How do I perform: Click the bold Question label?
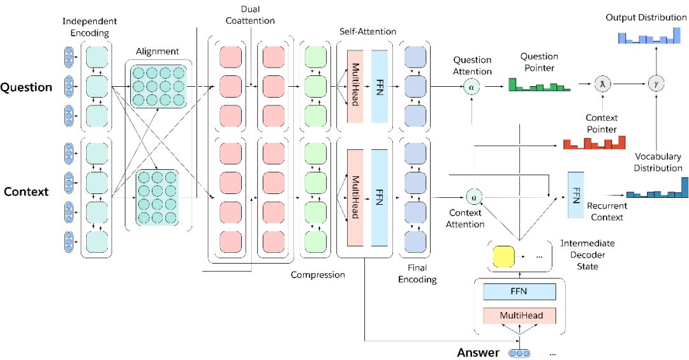[26, 87]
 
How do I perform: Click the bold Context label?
[26, 191]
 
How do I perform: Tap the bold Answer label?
[478, 352]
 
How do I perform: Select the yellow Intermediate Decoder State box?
[503, 257]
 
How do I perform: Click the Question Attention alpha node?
[471, 87]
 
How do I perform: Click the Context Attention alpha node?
[473, 197]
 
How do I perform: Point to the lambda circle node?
[602, 84]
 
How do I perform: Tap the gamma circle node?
[656, 84]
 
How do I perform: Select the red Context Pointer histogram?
[594, 142]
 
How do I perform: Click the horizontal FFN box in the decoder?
[519, 292]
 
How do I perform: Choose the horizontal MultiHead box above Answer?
[519, 315]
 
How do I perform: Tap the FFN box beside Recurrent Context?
[576, 195]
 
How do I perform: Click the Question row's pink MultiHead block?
[355, 86]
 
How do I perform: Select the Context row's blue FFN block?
[379, 198]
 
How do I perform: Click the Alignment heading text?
[158, 52]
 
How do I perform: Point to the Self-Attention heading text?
[368, 32]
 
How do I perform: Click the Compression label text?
[318, 275]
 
